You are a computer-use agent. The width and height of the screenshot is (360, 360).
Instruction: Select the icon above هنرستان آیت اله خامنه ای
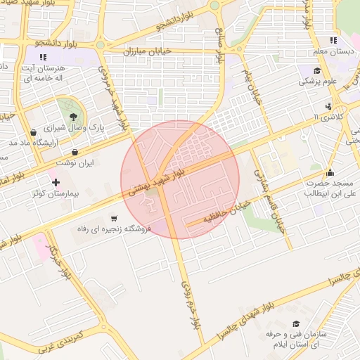click(43, 56)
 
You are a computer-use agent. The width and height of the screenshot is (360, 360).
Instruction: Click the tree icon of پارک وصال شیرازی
click(73, 115)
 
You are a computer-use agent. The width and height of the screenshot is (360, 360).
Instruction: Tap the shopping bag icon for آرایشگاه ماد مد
click(33, 132)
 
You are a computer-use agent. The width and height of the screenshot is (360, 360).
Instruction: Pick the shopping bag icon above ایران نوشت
click(75, 151)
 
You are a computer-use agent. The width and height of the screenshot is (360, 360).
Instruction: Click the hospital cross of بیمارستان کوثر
click(56, 182)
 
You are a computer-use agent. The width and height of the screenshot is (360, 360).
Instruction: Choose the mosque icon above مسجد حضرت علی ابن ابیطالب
click(330, 173)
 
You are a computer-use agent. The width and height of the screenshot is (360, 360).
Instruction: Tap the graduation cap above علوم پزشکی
click(316, 70)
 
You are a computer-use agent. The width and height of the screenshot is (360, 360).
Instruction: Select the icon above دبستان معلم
click(333, 40)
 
